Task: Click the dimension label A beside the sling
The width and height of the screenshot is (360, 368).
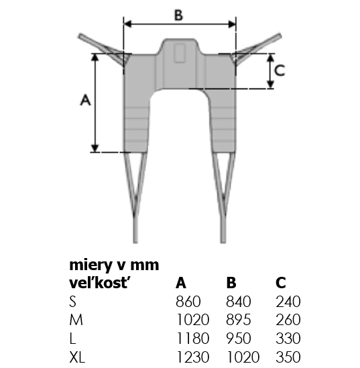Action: (85, 99)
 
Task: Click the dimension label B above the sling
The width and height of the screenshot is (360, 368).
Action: (178, 15)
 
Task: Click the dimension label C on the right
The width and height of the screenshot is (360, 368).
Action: (280, 70)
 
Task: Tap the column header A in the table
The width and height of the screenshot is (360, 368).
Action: (181, 283)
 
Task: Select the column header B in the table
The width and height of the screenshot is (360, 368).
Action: (231, 283)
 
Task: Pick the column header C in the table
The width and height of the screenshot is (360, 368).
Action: (281, 283)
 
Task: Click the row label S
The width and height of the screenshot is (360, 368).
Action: (73, 302)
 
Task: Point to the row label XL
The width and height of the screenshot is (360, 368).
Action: (77, 357)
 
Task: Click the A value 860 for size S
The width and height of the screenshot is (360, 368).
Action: (188, 302)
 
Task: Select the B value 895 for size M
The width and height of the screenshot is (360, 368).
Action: (239, 320)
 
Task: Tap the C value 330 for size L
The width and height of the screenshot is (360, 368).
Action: (288, 339)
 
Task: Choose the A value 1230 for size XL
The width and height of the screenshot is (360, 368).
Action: (192, 357)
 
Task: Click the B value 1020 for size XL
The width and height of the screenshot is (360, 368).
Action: (243, 357)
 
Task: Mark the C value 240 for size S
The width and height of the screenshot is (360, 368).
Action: (288, 302)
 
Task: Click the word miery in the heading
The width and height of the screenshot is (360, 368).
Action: (91, 265)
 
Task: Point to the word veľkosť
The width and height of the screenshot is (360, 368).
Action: (99, 283)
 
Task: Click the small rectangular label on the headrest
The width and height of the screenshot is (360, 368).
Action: (179, 54)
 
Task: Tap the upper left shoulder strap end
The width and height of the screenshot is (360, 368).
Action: (80, 36)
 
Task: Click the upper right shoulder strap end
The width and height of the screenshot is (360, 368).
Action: (280, 36)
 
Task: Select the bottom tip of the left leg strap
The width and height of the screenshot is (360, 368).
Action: (135, 242)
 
